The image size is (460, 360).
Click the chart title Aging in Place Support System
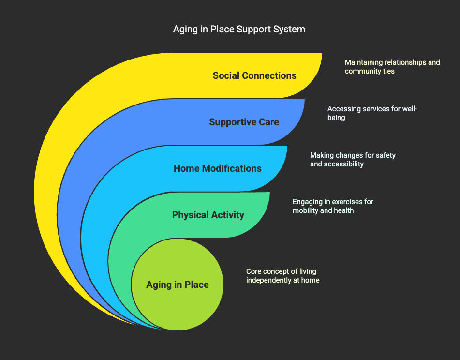239,29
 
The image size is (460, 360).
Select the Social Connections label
254,75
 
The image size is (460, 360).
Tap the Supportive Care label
244,122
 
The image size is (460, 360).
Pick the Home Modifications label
217,168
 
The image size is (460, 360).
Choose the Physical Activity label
208,215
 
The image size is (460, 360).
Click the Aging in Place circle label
178,285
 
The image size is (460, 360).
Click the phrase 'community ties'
370,71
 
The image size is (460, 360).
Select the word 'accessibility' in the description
344,164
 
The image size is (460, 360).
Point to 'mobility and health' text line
323,210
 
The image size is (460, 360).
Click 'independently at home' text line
282,280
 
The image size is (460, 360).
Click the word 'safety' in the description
385,155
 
